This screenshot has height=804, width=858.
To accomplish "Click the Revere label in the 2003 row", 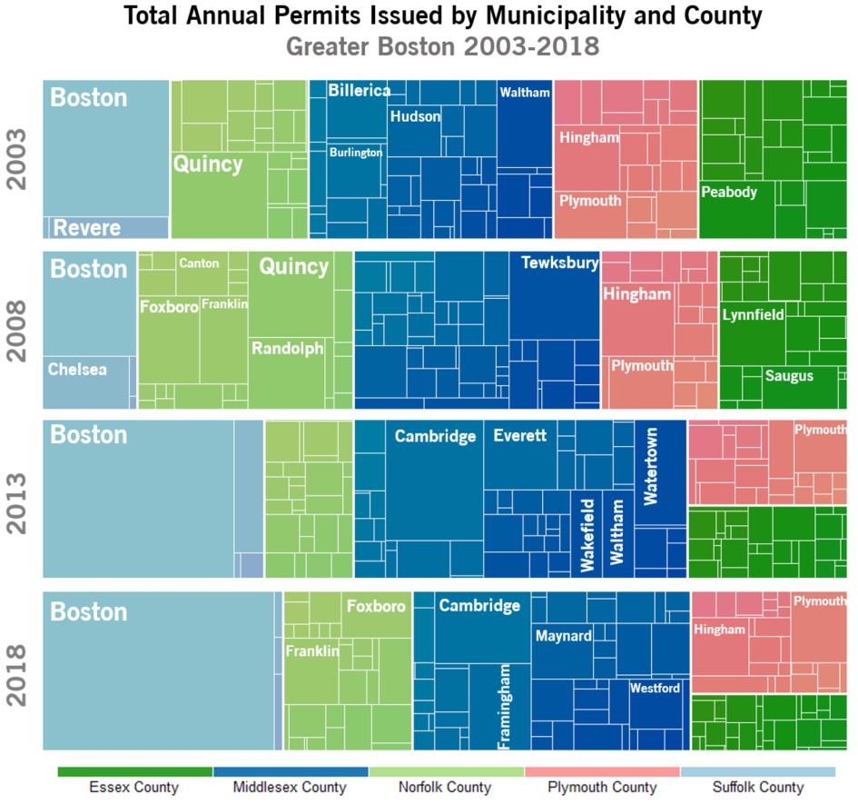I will (87, 228).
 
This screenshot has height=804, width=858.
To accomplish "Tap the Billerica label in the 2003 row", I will (360, 91).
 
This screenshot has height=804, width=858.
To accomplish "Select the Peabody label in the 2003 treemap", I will (729, 193).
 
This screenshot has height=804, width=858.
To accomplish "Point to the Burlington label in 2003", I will (356, 153).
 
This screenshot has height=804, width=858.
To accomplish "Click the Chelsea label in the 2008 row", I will (77, 370).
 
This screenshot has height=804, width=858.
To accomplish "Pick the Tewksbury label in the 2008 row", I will (559, 263).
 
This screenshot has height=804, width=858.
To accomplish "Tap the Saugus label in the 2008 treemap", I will (789, 376).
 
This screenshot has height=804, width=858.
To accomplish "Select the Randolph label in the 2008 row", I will (287, 349).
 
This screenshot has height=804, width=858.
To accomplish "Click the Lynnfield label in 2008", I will (753, 315).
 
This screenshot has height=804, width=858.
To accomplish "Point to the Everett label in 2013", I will (520, 436).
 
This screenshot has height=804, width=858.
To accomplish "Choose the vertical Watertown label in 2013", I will (651, 467).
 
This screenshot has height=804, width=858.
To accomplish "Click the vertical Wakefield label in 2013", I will (587, 535).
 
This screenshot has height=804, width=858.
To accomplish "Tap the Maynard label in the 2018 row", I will (563, 636).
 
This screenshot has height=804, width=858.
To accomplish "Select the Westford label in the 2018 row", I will (655, 689).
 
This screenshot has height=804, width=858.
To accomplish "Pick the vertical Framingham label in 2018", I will (505, 707).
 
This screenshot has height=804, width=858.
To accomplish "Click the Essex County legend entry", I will (134, 788).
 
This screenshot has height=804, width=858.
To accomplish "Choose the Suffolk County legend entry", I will (757, 788).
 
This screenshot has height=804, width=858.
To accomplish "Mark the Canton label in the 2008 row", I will (199, 263).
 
